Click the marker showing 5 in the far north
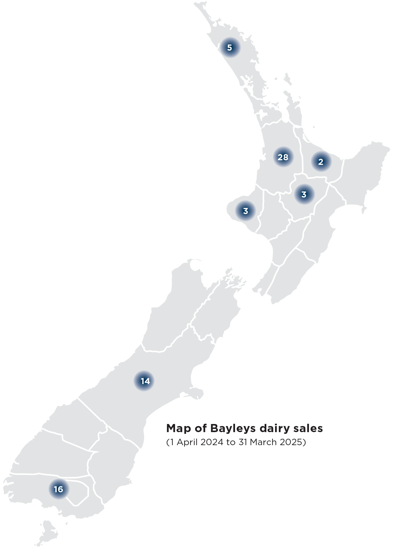pyautogui.click(x=230, y=48)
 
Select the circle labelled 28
pyautogui.click(x=283, y=157)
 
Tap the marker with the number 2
pyautogui.click(x=321, y=162)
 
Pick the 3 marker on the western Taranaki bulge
pyautogui.click(x=245, y=211)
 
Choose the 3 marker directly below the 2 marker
pyautogui.click(x=304, y=195)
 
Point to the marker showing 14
pyautogui.click(x=145, y=381)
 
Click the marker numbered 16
pyautogui.click(x=58, y=489)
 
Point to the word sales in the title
pyautogui.click(x=309, y=428)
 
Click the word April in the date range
pyautogui.click(x=186, y=442)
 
